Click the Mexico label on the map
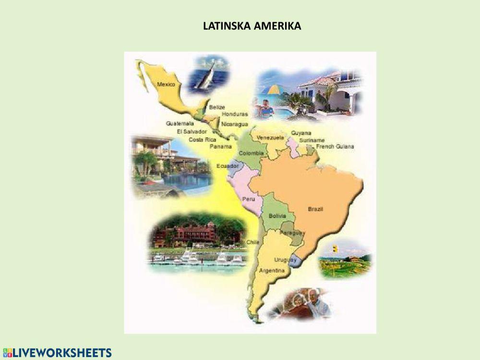[166, 84]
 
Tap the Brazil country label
[315, 209]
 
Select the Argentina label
[272, 271]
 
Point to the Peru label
[249, 199]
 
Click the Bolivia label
[277, 216]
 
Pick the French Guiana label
[335, 146]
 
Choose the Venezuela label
[270, 138]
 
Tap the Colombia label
[252, 153]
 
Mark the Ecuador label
[228, 166]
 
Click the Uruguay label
[285, 260]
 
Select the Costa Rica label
[202, 139]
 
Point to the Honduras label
[235, 114]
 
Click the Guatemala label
[180, 123]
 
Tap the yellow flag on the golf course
[334, 249]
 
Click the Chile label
[252, 242]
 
